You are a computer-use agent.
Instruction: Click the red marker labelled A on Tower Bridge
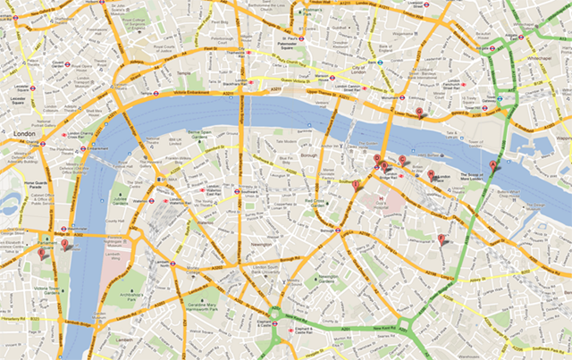pos(493,165)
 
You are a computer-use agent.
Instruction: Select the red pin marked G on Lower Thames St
pos(419,111)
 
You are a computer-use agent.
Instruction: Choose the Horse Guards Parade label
pos(20,188)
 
